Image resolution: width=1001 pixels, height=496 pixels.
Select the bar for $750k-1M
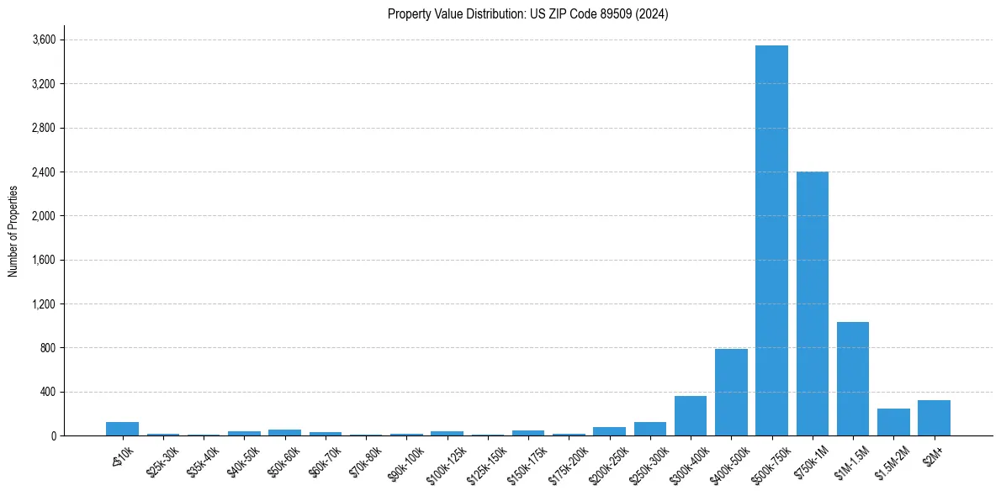click(813, 303)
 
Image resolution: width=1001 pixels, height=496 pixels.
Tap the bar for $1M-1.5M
click(853, 378)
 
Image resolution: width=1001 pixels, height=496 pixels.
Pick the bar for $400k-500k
click(731, 392)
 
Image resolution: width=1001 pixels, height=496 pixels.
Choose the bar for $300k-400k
click(691, 415)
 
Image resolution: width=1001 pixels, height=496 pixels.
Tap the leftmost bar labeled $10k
click(122, 429)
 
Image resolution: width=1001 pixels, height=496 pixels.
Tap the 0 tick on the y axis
click(52, 436)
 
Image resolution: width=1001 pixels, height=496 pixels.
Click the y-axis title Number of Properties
click(13, 230)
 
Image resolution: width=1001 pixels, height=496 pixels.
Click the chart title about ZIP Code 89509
click(527, 13)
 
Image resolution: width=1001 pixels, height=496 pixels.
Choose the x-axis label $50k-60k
click(281, 461)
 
